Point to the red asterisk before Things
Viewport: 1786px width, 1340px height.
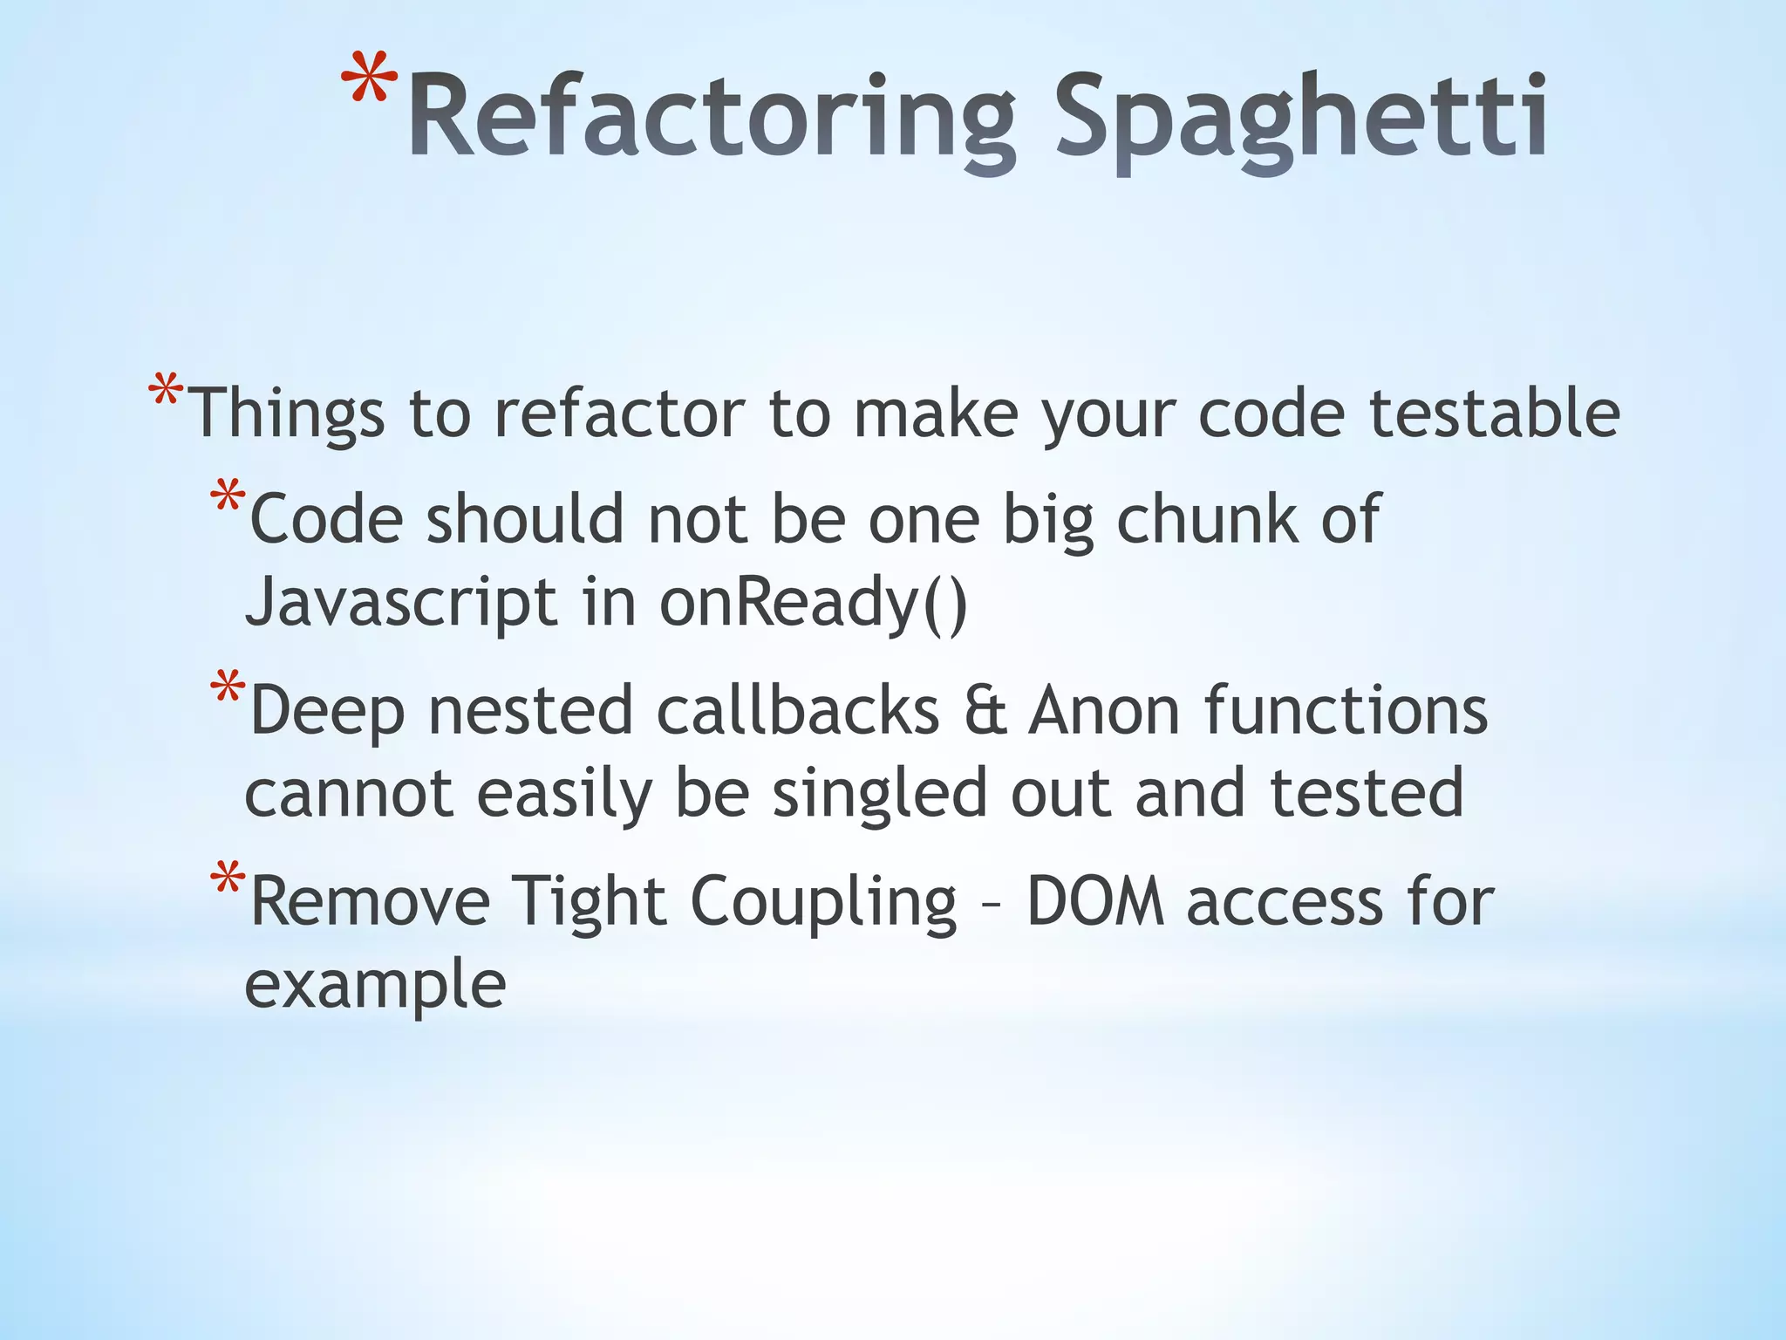tap(166, 391)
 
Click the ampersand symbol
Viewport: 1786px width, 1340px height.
tap(985, 711)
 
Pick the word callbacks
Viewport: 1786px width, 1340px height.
tap(798, 711)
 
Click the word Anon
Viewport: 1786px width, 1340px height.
tap(1104, 711)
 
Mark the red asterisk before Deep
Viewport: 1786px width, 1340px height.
tap(228, 690)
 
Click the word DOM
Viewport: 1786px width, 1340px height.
tap(1095, 901)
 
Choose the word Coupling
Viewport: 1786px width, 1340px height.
tap(824, 903)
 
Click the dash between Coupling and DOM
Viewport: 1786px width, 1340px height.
tap(991, 907)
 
